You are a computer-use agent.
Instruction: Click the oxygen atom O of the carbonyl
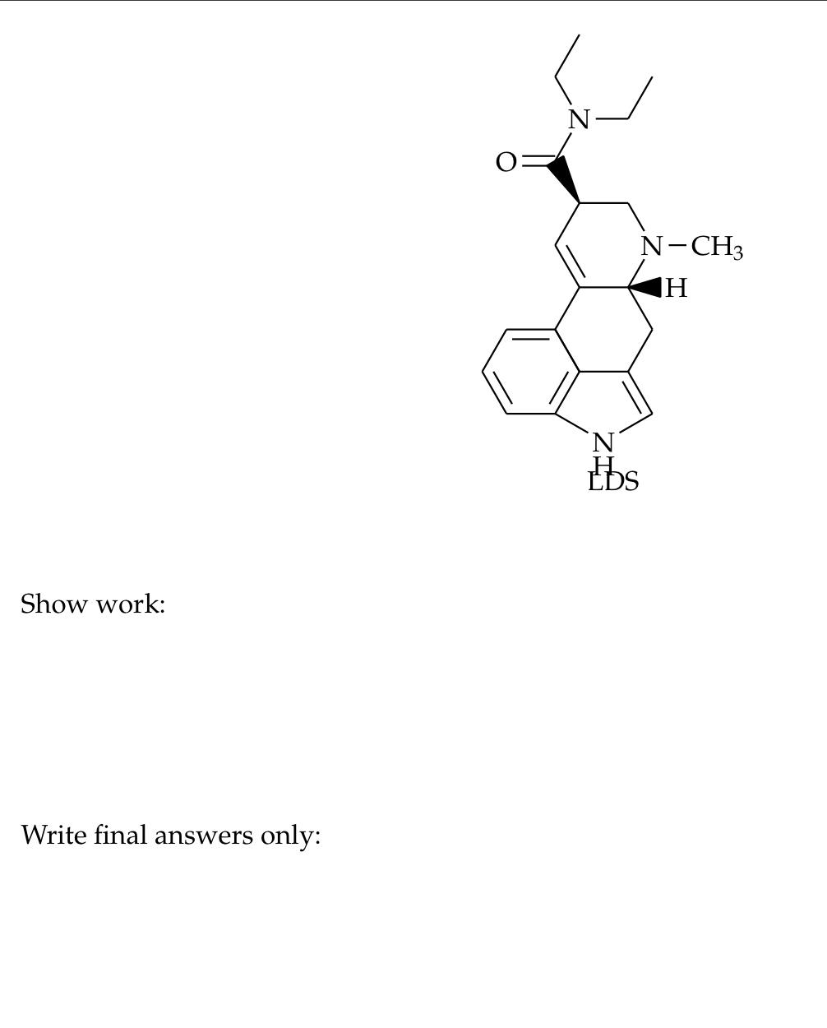[506, 163]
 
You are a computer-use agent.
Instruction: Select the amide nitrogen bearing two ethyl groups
[579, 120]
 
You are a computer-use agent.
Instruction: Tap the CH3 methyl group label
[716, 247]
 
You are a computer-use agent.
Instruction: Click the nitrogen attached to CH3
[652, 246]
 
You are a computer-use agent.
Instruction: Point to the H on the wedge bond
[676, 288]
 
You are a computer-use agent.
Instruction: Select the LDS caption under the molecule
[613, 482]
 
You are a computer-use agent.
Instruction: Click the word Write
[53, 836]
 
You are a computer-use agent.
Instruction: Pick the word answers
[205, 836]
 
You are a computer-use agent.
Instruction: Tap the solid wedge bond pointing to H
[646, 288]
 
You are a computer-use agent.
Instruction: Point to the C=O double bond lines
[536, 161]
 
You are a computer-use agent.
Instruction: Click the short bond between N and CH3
[677, 246]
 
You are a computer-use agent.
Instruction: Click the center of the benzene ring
[531, 371]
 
